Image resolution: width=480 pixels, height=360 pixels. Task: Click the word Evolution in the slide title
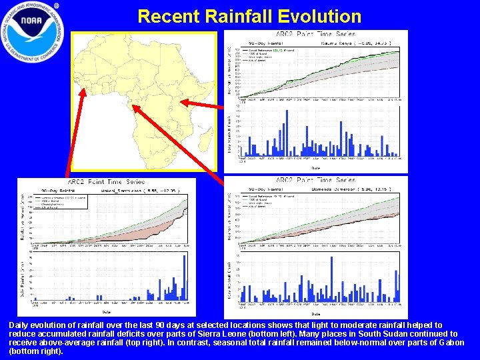tap(313, 16)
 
